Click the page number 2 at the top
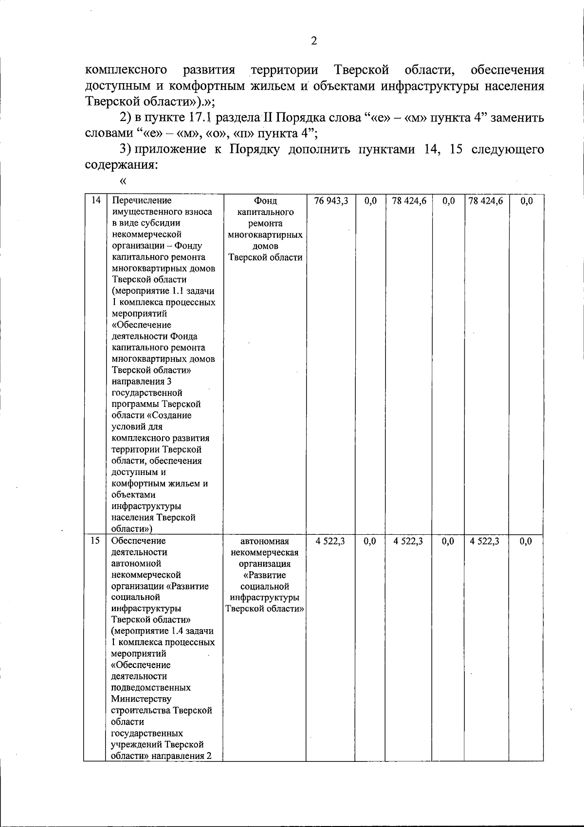[x=314, y=41]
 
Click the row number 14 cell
[x=96, y=200]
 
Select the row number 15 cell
[x=95, y=541]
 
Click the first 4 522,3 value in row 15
[x=330, y=541]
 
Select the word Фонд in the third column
[x=265, y=201]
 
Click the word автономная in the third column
[x=265, y=541]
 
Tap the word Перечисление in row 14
[x=142, y=200]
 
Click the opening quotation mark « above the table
[x=122, y=182]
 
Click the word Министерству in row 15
[x=141, y=699]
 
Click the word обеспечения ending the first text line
[x=508, y=70]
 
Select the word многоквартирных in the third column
[x=265, y=235]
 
